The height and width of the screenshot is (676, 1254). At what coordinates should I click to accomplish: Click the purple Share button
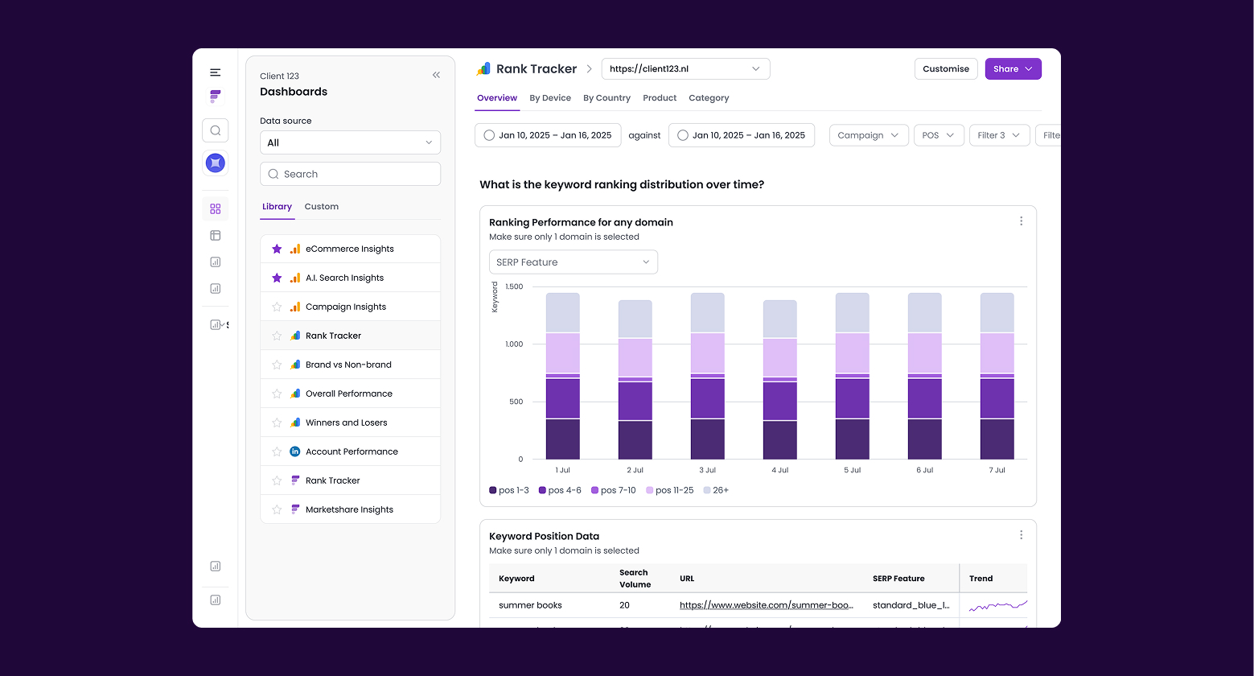coord(1013,69)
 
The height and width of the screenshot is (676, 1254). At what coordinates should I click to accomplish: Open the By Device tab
coord(550,98)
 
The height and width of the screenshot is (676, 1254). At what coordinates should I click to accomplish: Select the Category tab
coord(709,98)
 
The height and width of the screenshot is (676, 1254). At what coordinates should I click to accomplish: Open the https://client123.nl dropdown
coord(685,69)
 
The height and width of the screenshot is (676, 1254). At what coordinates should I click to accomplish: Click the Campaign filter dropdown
coord(868,135)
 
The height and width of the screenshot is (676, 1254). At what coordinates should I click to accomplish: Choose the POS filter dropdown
coord(939,135)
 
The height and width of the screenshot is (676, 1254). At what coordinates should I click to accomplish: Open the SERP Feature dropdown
coord(573,262)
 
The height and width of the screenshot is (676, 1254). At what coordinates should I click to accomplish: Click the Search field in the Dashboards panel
coord(350,174)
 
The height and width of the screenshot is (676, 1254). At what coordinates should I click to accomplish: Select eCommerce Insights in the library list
coord(350,249)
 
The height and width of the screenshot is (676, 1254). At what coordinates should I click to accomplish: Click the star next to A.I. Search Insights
coord(277,278)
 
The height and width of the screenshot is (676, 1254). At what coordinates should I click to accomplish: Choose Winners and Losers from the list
coord(347,422)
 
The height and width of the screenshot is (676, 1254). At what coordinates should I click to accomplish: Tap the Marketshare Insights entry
coord(349,509)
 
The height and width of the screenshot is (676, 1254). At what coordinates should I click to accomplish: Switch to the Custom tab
coord(321,207)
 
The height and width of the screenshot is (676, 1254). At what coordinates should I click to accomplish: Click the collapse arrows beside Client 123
coord(436,75)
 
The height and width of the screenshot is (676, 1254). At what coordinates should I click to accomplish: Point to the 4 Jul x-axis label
coord(779,470)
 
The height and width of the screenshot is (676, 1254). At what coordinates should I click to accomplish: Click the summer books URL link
coord(766,605)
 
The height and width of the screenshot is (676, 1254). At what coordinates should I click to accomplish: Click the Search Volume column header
coord(635,578)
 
